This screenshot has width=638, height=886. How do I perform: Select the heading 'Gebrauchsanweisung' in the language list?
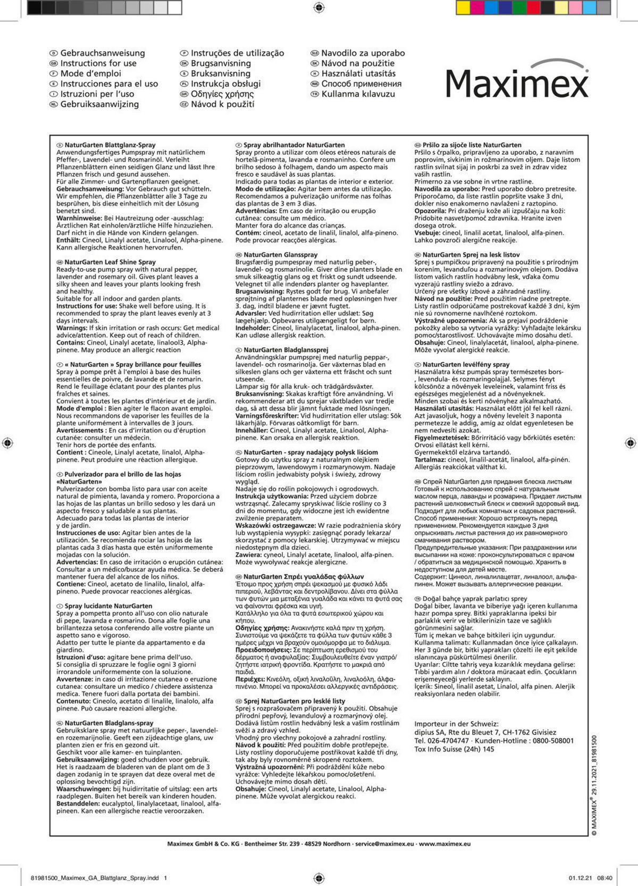(102, 53)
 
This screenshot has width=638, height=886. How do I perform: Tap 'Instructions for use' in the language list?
(98, 63)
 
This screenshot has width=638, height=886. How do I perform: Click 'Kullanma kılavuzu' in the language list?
(358, 94)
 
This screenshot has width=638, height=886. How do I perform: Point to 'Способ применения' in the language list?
(361, 84)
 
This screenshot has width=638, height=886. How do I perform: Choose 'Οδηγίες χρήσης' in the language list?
(222, 94)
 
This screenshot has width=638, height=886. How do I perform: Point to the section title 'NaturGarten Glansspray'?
(280, 255)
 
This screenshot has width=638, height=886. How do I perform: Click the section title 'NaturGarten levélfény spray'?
(466, 365)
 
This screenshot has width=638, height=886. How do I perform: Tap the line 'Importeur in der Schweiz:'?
(456, 724)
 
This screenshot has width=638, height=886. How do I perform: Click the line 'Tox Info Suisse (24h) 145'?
(454, 749)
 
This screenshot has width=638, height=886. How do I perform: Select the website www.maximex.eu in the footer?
(444, 843)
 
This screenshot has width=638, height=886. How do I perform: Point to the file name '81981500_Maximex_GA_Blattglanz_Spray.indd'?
(95, 878)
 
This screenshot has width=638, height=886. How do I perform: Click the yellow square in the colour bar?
(463, 7)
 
